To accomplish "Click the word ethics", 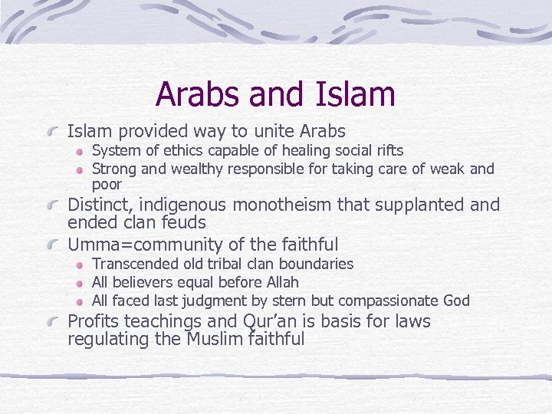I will (179, 150).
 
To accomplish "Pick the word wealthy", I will (198, 169).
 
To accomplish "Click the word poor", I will (107, 185).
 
